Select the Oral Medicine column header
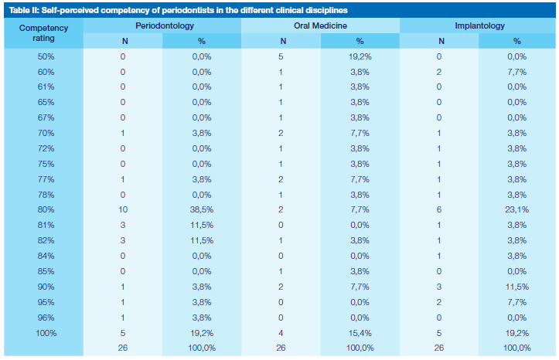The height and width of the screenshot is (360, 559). point(321,25)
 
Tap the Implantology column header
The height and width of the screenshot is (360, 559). point(479,25)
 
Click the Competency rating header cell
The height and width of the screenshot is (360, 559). point(43,33)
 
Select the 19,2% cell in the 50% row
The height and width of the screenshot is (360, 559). point(360,56)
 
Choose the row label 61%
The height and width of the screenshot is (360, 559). point(46,87)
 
